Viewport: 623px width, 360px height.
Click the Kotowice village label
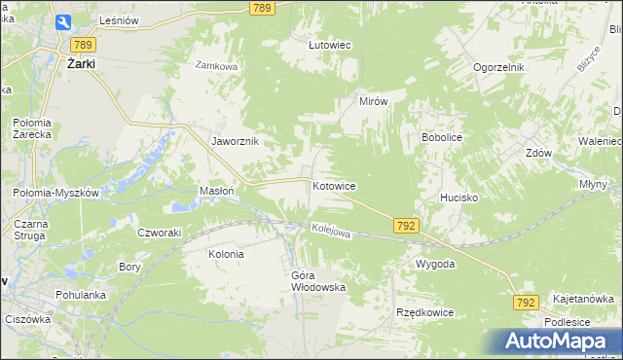tap(334, 185)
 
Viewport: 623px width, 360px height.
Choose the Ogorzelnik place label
tap(499, 67)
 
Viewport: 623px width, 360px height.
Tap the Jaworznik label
tap(236, 141)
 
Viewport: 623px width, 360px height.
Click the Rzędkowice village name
tap(424, 312)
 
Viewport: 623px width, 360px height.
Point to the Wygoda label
tap(435, 264)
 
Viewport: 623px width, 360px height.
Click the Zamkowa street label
tap(216, 66)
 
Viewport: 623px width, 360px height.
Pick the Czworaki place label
tap(160, 233)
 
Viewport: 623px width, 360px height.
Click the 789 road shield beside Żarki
tap(83, 44)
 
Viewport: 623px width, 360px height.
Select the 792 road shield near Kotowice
tap(407, 225)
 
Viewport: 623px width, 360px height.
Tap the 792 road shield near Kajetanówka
tap(526, 303)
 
